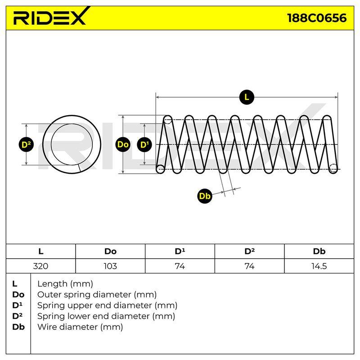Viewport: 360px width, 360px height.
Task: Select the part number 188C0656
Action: [317, 18]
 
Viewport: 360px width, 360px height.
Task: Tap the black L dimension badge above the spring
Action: [247, 97]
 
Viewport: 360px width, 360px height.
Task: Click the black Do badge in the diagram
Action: [123, 144]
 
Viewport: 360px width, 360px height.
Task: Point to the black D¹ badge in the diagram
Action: [144, 144]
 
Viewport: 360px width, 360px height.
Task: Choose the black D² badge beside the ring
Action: [26, 144]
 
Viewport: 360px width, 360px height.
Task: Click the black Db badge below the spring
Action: [205, 196]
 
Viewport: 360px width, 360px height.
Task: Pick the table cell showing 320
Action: [40, 266]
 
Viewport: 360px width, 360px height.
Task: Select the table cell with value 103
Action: [110, 266]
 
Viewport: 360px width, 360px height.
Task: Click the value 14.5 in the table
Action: [319, 266]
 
